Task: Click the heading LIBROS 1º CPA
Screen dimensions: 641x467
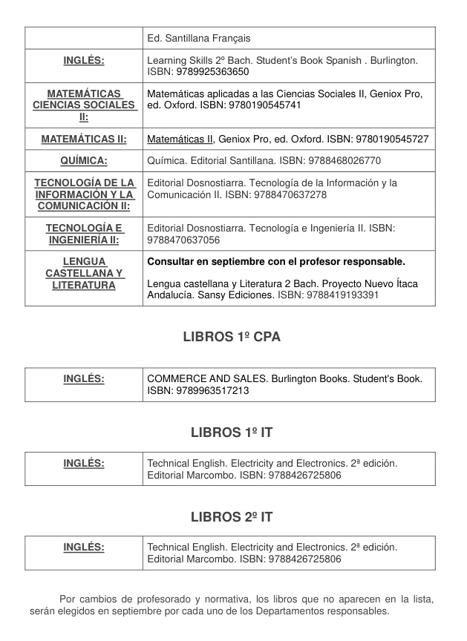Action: coord(232,337)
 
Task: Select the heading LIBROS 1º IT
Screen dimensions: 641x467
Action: coord(232,432)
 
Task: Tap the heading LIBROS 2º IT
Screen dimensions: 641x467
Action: coord(232,516)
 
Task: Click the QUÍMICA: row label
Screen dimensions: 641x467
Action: coord(84,160)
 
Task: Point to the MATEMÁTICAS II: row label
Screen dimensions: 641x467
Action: coord(84,139)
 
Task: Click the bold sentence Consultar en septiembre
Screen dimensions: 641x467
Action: coord(276,262)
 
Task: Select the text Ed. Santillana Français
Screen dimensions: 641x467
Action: coord(199,38)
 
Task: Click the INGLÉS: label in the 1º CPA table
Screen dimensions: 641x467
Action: coord(84,379)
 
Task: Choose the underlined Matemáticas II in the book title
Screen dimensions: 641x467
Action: coord(180,139)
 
